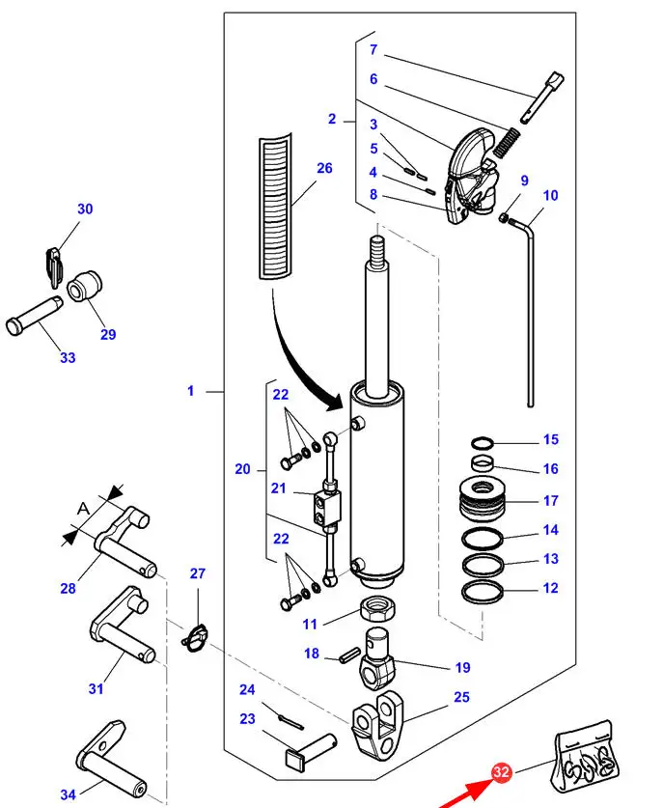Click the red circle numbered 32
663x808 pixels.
(501, 771)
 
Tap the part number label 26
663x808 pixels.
(324, 168)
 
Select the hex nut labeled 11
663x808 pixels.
(377, 608)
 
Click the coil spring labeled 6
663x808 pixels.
(507, 142)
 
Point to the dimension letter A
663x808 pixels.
(83, 509)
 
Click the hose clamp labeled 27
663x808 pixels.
(195, 638)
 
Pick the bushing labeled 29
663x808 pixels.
(85, 284)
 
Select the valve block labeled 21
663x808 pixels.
(325, 507)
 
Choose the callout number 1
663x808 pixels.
(191, 391)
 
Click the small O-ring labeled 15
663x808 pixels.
(483, 443)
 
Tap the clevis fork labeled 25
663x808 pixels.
(377, 727)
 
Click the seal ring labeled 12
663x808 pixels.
(483, 592)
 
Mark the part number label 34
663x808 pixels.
(68, 794)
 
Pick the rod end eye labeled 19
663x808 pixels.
(377, 658)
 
